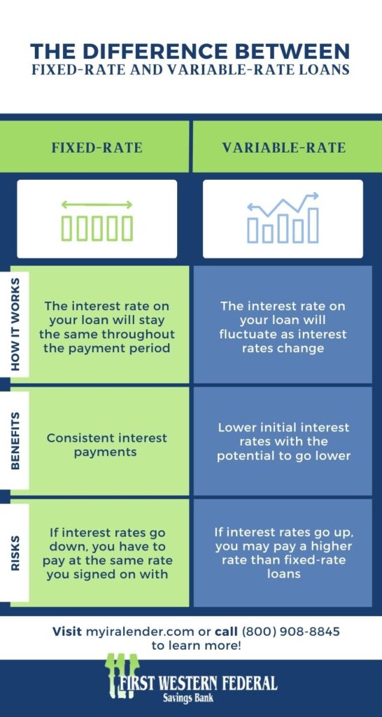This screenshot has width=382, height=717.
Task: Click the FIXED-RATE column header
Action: click(97, 148)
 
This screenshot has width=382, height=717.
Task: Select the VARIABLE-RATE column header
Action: click(283, 148)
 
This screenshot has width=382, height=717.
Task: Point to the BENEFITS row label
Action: click(15, 440)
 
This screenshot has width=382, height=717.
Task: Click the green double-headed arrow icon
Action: click(97, 205)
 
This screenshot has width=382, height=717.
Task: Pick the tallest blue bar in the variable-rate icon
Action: click(313, 225)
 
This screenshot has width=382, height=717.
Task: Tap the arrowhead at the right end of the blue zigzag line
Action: click(314, 196)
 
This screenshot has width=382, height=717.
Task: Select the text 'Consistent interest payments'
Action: click(107, 445)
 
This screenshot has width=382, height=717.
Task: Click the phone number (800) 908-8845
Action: click(290, 632)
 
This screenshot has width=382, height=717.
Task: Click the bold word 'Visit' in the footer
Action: click(67, 632)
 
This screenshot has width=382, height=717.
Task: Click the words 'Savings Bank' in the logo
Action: click(188, 698)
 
